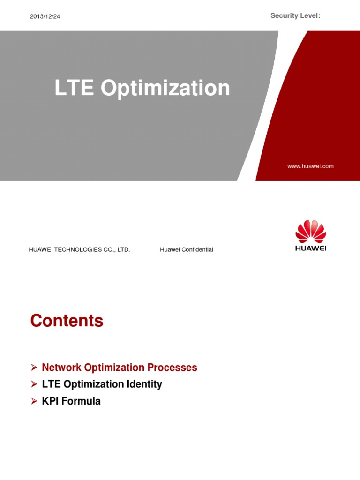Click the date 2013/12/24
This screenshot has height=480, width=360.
(x=45, y=17)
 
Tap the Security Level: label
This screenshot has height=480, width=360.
(x=295, y=16)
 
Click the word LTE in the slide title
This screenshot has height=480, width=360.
(x=74, y=88)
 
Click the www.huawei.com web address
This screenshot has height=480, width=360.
(x=311, y=166)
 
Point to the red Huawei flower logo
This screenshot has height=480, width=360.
(x=310, y=231)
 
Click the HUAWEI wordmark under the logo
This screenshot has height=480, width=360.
(x=310, y=248)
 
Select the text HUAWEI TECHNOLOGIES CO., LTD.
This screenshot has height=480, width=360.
(x=79, y=250)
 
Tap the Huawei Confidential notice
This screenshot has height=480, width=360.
(x=186, y=250)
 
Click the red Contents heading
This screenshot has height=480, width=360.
(x=67, y=321)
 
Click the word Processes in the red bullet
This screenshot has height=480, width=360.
(x=173, y=367)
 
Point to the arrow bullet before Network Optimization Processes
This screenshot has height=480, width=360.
(x=34, y=367)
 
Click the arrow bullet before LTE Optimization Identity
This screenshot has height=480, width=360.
(x=34, y=384)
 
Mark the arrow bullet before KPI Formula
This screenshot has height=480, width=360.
(x=34, y=401)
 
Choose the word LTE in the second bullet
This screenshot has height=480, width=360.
(x=51, y=384)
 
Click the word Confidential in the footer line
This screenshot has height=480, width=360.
(x=196, y=250)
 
